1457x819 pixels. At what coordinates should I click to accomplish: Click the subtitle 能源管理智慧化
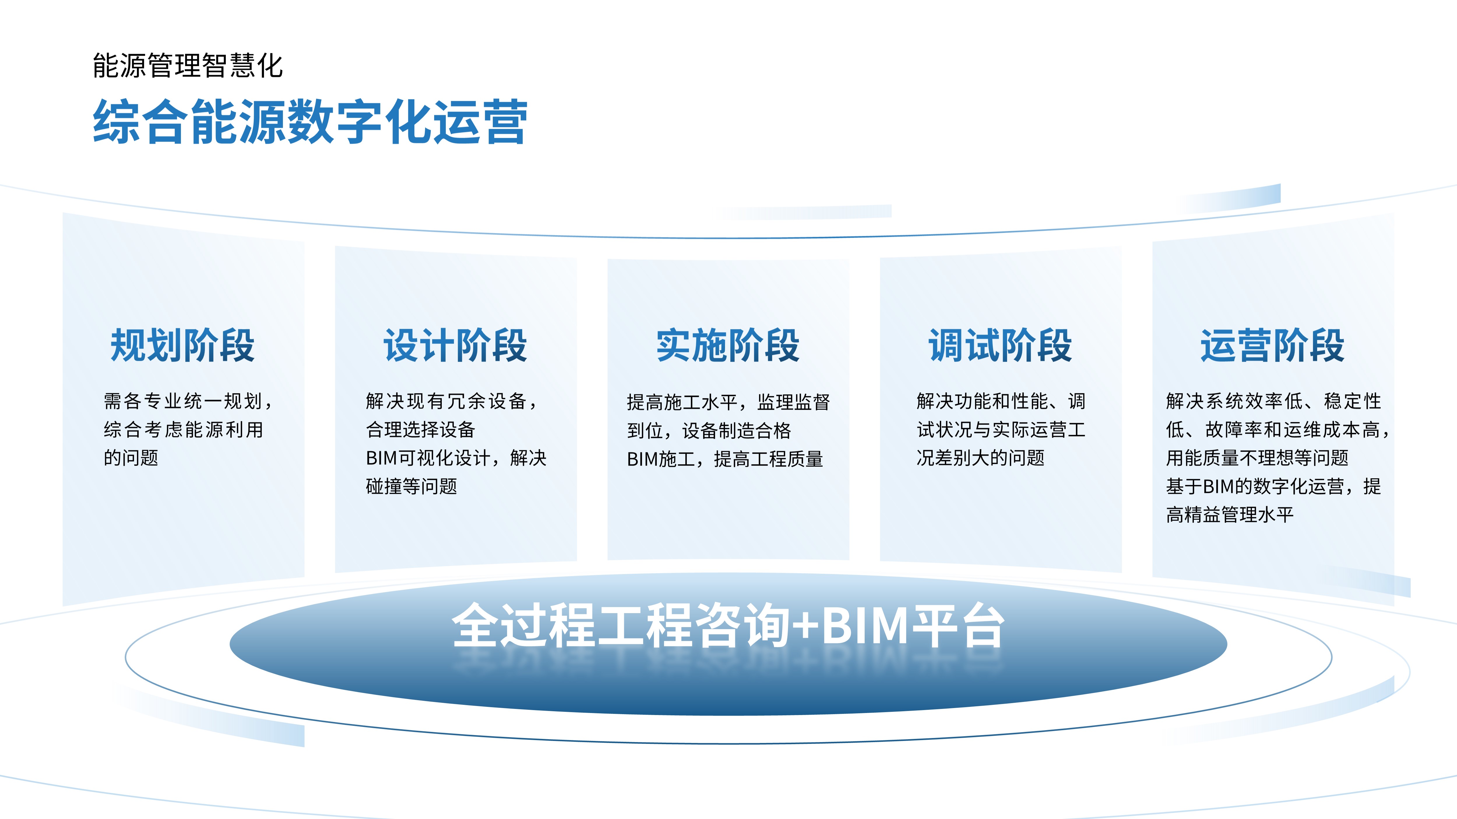click(x=188, y=66)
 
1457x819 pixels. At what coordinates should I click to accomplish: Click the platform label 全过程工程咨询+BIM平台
click(x=728, y=625)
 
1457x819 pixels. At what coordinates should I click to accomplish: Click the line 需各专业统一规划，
click(x=188, y=401)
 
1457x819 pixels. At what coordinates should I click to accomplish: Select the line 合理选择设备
click(x=420, y=430)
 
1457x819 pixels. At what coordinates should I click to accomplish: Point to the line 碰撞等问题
click(x=411, y=486)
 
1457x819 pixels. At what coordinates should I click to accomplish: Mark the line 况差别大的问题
click(x=980, y=458)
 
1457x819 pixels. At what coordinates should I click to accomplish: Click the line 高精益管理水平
click(x=1230, y=514)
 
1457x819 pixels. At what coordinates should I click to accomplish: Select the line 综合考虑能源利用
click(x=183, y=430)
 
